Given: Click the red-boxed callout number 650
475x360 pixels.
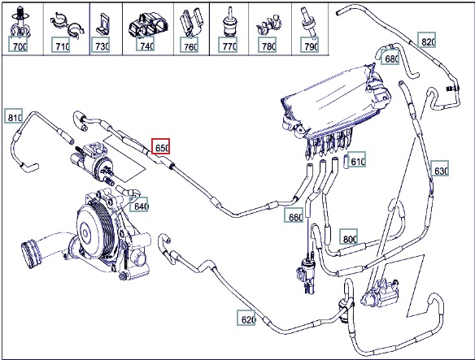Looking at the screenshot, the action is click(x=160, y=146).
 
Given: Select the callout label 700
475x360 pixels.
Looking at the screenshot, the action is click(x=18, y=44).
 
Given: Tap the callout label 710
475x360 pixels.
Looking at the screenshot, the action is click(x=60, y=45).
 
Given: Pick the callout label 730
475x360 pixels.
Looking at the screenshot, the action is click(x=100, y=45).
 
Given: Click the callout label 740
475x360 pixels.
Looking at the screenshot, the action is click(x=145, y=44).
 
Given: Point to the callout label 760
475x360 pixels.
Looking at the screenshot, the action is click(x=189, y=45).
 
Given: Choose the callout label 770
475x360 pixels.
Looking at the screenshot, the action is click(x=228, y=45).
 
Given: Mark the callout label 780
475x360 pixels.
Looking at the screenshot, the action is click(x=267, y=45).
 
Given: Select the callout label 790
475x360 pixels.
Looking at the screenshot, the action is click(x=310, y=45).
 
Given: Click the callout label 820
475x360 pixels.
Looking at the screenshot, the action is click(x=427, y=40).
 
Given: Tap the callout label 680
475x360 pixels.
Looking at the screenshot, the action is click(x=390, y=57).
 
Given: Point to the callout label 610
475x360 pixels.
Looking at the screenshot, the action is click(x=356, y=159).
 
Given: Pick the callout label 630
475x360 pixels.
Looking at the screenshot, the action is click(x=440, y=168).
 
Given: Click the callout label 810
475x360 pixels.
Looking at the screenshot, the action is click(x=13, y=115).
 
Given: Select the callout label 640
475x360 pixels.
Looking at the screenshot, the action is click(x=139, y=204).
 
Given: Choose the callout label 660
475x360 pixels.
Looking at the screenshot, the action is click(x=294, y=215).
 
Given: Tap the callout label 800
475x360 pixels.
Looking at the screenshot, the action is click(x=348, y=236).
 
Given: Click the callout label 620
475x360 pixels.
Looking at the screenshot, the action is click(x=246, y=317).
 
